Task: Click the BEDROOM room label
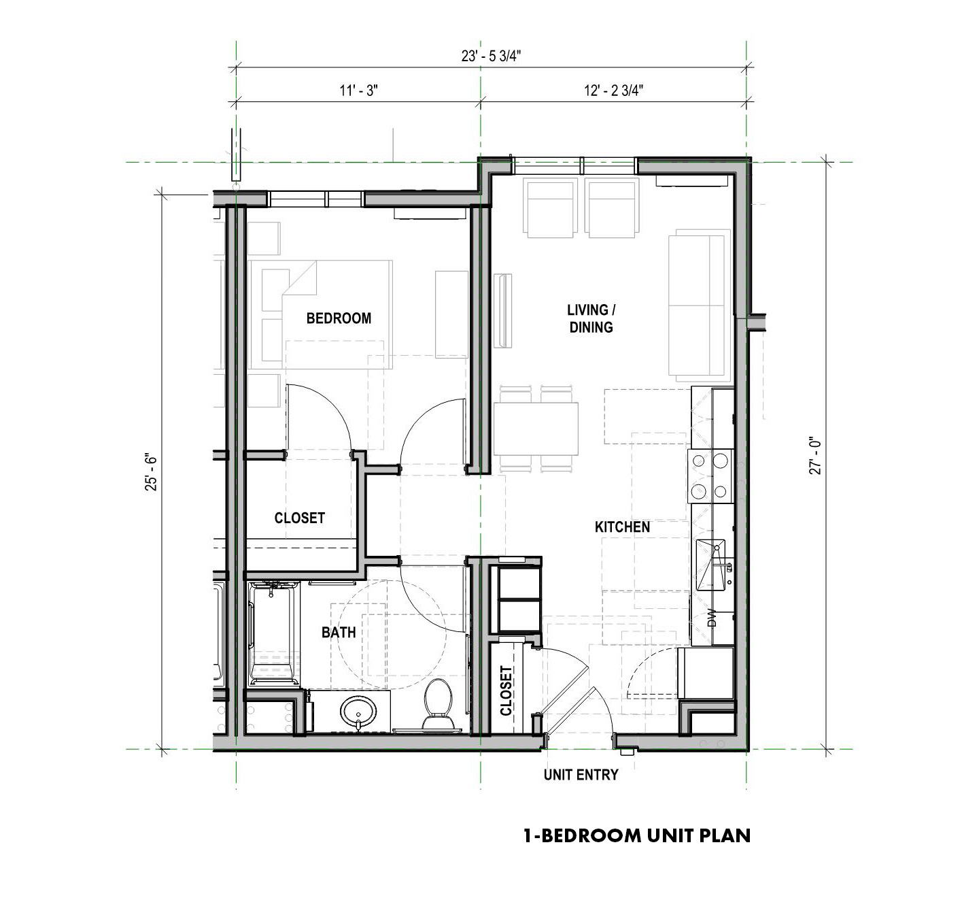tap(339, 318)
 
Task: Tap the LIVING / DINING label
tap(591, 318)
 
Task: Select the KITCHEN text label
tap(622, 527)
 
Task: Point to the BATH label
tap(339, 633)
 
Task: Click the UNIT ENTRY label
tap(581, 775)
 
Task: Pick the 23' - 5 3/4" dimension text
tap(491, 56)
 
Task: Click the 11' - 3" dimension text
tap(359, 90)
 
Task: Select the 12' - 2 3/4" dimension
tap(613, 90)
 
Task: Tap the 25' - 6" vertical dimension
tap(152, 473)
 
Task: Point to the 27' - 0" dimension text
tap(815, 455)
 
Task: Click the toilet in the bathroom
tap(438, 705)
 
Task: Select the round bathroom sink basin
tap(358, 712)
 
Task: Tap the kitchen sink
tap(710, 565)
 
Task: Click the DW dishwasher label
tap(712, 620)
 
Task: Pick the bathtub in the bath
tap(273, 634)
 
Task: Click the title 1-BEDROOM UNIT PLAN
tap(637, 836)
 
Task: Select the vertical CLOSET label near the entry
tap(506, 691)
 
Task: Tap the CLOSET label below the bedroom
tap(299, 518)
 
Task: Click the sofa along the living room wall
tap(699, 305)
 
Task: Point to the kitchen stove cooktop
tap(710, 476)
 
